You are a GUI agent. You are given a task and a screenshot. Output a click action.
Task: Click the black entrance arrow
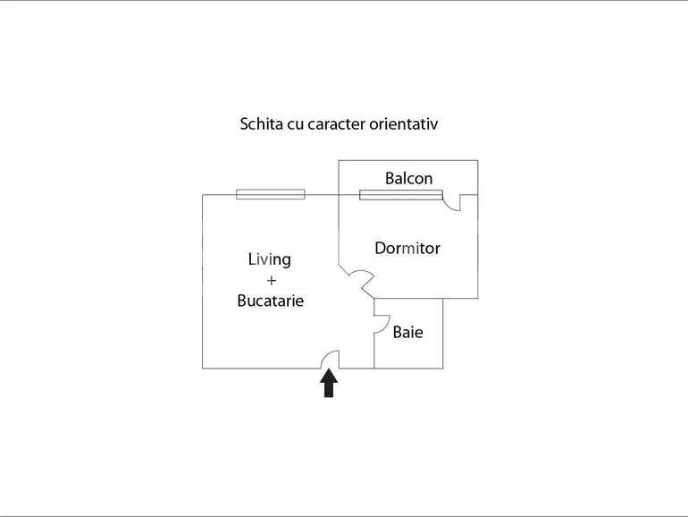tap(329, 383)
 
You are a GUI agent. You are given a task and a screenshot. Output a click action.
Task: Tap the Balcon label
tap(408, 178)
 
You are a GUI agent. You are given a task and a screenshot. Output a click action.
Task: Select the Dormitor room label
tap(407, 248)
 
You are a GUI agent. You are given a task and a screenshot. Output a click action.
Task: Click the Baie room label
tap(407, 332)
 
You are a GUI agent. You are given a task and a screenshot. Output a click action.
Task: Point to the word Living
tap(270, 259)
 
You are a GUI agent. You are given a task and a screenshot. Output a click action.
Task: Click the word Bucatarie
tap(270, 301)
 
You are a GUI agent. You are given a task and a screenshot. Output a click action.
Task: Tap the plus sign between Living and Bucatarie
tap(271, 280)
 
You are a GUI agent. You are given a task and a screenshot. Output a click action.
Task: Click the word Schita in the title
tap(261, 123)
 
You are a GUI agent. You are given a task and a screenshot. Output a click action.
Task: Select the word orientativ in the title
tap(403, 123)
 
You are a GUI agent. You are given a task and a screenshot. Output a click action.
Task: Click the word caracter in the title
tap(337, 124)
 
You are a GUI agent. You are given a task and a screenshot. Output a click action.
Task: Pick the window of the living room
tap(270, 194)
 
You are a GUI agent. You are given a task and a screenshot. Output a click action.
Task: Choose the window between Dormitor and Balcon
tap(401, 195)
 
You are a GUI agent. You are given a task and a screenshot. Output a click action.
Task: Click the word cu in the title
tap(295, 124)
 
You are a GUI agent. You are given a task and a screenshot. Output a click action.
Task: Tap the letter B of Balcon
tap(390, 178)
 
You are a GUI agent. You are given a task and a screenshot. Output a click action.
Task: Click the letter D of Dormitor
tap(381, 248)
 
